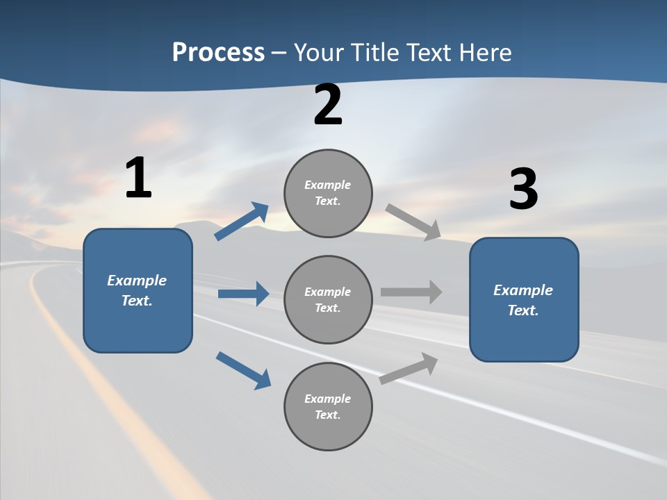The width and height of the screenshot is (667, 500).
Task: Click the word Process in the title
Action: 218,52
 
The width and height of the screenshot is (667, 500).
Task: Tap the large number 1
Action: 138,178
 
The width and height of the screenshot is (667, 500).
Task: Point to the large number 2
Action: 328,106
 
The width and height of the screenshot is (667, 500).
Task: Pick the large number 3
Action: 523,190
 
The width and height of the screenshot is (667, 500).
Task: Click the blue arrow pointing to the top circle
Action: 242,222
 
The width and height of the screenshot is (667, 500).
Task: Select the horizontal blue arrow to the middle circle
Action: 243,294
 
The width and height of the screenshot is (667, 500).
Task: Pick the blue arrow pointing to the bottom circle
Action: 243,370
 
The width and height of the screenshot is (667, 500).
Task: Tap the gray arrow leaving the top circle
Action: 413,222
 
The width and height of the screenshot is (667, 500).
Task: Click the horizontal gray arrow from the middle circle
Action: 411,292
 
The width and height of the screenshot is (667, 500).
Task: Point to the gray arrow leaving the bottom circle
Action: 409,368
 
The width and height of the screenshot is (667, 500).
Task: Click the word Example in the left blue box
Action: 137,281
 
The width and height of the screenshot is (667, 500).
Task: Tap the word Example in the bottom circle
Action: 328,399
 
